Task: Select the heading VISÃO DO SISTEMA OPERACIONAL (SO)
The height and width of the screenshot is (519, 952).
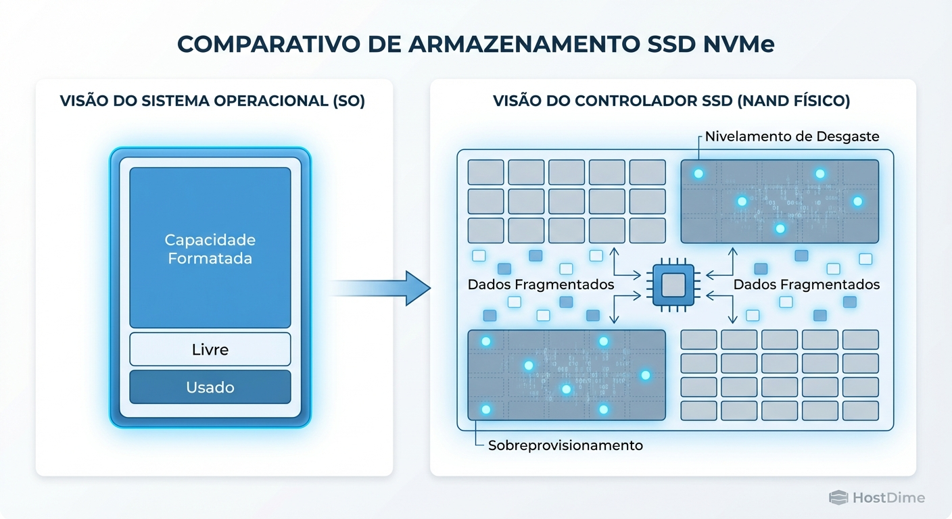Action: point(212,101)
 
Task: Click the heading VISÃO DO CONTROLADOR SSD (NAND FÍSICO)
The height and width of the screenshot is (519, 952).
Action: point(671,101)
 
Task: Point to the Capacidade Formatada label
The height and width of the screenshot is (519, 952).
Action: point(210,249)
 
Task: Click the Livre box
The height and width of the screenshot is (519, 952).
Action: point(210,349)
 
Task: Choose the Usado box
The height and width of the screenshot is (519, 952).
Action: point(210,387)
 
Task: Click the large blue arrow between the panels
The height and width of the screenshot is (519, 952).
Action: point(382,288)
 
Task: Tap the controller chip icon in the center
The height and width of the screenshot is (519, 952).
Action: point(672,287)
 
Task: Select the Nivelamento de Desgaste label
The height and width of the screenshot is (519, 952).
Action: point(792,137)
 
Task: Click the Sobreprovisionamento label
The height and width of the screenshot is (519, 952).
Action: point(565,445)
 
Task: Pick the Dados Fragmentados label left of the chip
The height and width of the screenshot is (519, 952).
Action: point(541,285)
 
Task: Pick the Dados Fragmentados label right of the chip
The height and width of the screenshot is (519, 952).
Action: point(807,285)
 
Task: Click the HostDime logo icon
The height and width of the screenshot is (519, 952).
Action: point(838,498)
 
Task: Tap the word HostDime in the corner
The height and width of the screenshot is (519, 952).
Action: point(888,498)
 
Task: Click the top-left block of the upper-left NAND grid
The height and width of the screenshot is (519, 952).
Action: point(485,172)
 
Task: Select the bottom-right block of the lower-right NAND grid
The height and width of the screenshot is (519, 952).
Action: point(860,410)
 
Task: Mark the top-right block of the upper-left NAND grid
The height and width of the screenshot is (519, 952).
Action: point(647,172)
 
